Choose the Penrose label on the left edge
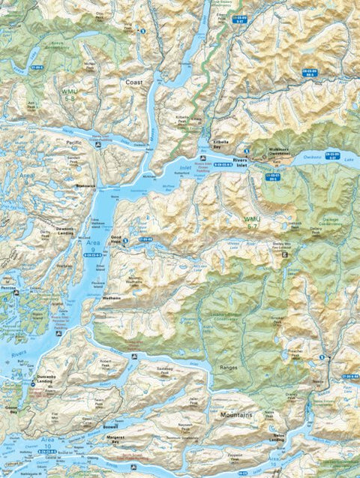[9, 288]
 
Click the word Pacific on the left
[74, 142]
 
